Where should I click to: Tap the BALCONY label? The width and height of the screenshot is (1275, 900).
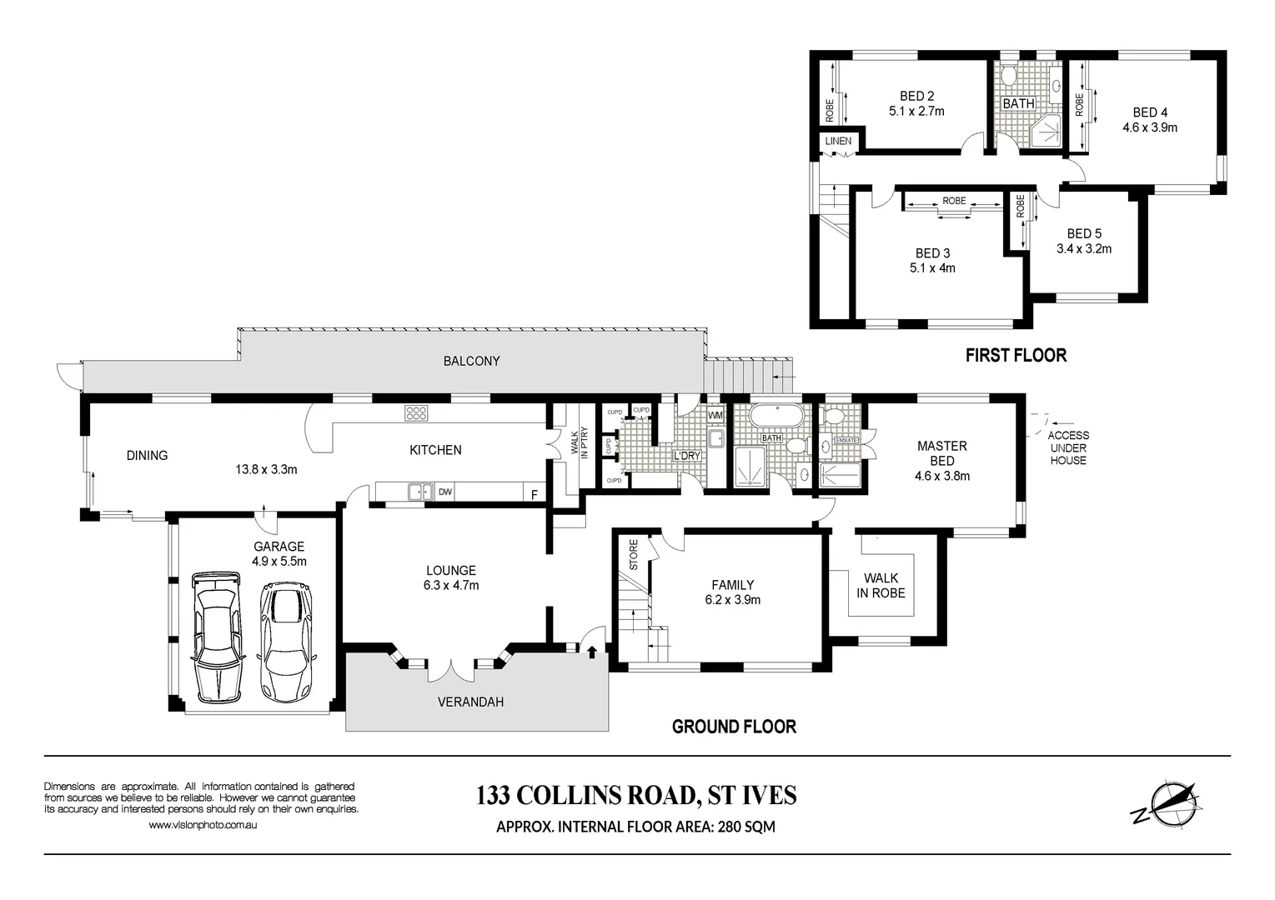click(x=471, y=361)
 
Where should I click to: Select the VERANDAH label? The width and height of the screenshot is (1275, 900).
click(x=470, y=702)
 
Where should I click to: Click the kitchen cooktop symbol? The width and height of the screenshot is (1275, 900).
click(x=416, y=412)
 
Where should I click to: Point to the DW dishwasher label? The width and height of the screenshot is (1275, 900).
click(x=445, y=492)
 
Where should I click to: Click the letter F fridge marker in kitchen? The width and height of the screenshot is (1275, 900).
click(x=535, y=493)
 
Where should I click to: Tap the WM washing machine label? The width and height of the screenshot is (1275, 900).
click(x=715, y=415)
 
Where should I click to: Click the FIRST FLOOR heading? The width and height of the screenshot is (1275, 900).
click(x=1015, y=355)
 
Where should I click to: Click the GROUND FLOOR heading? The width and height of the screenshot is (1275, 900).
click(x=734, y=727)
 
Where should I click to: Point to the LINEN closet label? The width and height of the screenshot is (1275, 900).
click(x=838, y=141)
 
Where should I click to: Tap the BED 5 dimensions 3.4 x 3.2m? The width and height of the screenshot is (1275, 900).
click(x=1083, y=248)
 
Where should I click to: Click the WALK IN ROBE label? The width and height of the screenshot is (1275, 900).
click(x=881, y=585)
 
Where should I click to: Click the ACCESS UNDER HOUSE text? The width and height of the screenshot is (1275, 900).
click(x=1068, y=447)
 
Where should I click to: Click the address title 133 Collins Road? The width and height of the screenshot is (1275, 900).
click(x=636, y=796)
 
